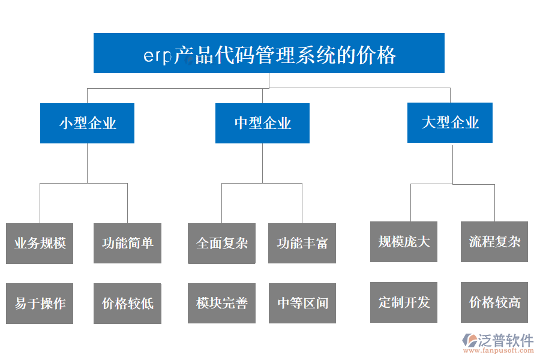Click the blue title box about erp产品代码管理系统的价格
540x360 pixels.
(269, 53)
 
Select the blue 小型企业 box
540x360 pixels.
(87, 124)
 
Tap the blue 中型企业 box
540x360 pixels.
(262, 124)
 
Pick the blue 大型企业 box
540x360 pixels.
(450, 123)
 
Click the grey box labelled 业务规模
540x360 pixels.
(40, 243)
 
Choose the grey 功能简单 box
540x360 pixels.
(127, 243)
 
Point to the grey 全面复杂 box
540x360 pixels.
(221, 243)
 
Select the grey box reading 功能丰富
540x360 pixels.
(302, 243)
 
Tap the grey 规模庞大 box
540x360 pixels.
(403, 242)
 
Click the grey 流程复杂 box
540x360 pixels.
(494, 242)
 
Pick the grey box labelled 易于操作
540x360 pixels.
(40, 304)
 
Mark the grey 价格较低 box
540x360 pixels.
(127, 304)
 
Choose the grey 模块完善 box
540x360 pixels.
(221, 304)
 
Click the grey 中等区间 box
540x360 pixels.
(302, 304)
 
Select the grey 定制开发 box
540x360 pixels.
(403, 302)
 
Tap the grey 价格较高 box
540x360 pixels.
(494, 302)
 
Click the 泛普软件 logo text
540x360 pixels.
(506, 340)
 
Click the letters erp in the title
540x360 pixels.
(157, 56)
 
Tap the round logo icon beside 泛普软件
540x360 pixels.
(468, 341)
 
